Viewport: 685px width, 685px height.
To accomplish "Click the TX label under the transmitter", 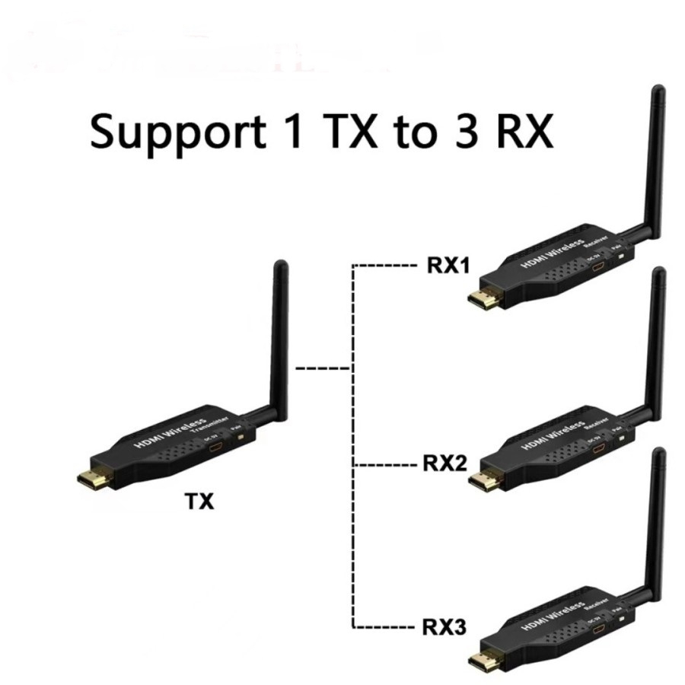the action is (x=200, y=502).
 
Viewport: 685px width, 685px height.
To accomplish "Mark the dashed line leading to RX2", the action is (x=384, y=464).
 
